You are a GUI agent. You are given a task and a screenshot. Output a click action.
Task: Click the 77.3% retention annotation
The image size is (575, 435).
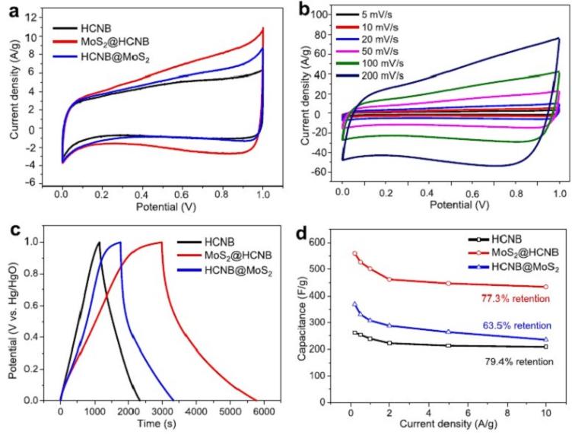tap(516, 299)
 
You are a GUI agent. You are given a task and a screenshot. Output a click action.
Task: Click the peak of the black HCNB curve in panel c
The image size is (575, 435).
tap(99, 243)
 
